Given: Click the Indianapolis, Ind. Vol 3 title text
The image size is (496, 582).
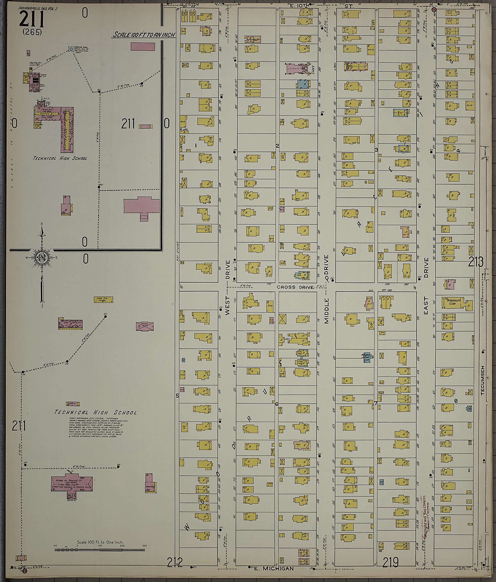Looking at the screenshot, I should click(x=38, y=8).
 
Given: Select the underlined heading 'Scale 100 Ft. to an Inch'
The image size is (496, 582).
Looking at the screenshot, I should click(x=144, y=35).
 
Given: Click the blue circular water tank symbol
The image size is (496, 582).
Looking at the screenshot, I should click(x=71, y=49).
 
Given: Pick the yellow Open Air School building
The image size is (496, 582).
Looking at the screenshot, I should click(x=103, y=300).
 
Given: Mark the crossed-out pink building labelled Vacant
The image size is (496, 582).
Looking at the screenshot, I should click(x=145, y=326).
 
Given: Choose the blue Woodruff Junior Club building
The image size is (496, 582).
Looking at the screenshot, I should click(x=367, y=358).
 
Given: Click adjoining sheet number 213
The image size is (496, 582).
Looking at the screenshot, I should click(x=475, y=262).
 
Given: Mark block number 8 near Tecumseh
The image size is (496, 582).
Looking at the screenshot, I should click(x=456, y=401).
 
